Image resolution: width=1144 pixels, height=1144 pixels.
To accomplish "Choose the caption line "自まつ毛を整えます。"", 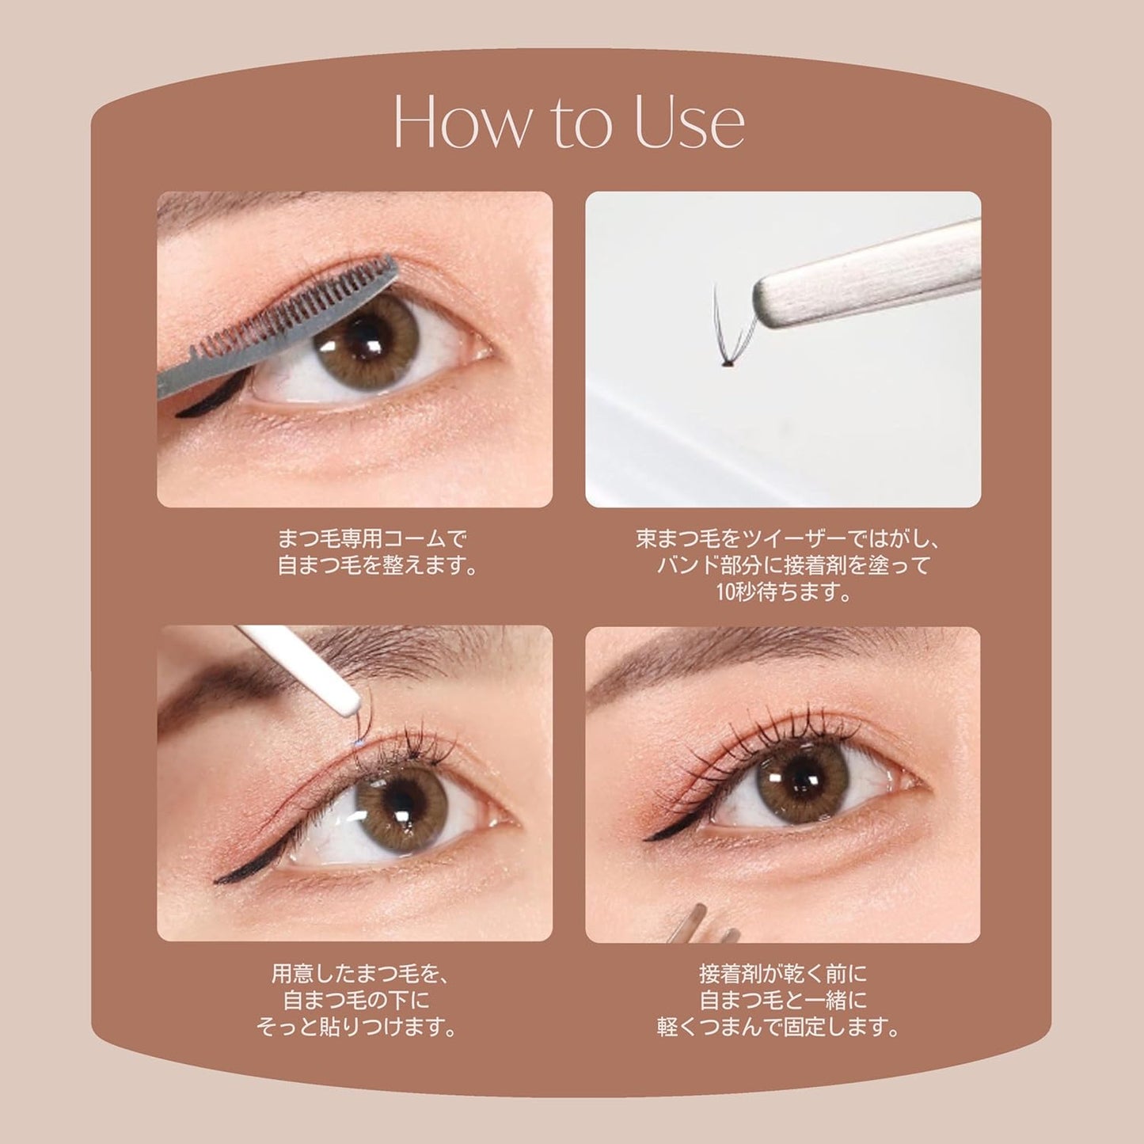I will point(378,567).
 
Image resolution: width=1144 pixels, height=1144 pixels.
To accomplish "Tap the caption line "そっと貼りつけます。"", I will point(357,1027).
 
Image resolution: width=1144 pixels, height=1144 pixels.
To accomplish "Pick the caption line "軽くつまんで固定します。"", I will point(780,1027).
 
